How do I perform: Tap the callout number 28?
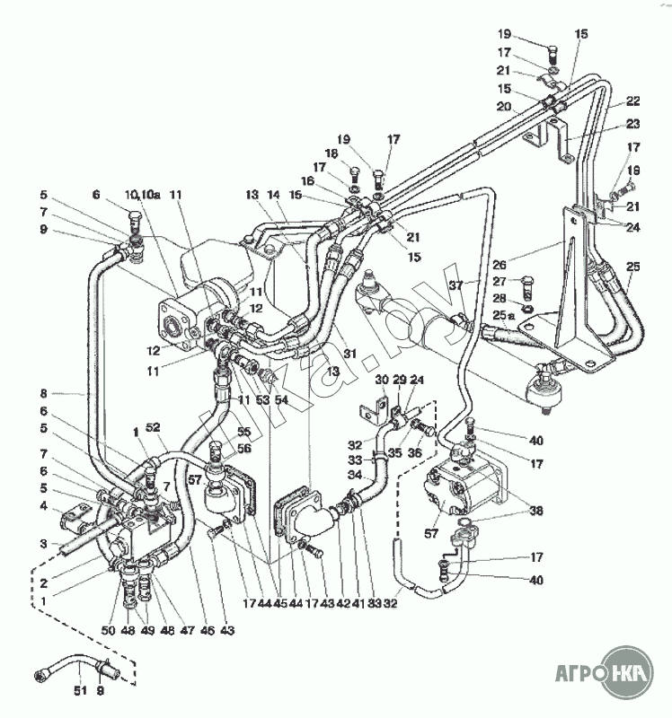tap(498, 298)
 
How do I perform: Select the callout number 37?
tap(457, 285)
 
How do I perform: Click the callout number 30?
tap(382, 380)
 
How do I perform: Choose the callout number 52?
tap(153, 428)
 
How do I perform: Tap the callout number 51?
tap(79, 690)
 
